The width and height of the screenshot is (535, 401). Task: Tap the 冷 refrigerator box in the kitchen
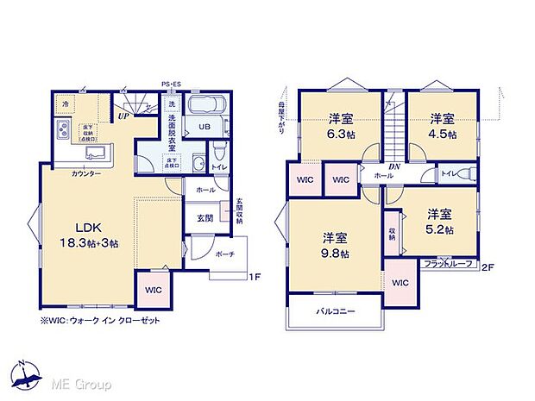[x=65, y=103]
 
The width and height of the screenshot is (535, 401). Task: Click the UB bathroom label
[x=205, y=127]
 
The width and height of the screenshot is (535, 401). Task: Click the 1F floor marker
[x=255, y=277]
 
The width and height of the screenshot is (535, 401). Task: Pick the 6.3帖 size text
[x=341, y=135]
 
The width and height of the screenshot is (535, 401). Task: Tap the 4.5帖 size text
[x=444, y=135]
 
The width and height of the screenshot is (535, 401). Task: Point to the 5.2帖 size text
[x=440, y=228]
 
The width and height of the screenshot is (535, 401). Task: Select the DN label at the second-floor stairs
[x=393, y=166]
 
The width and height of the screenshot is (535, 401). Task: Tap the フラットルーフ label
[x=448, y=263]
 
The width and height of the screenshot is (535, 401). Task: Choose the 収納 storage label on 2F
[x=392, y=234]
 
